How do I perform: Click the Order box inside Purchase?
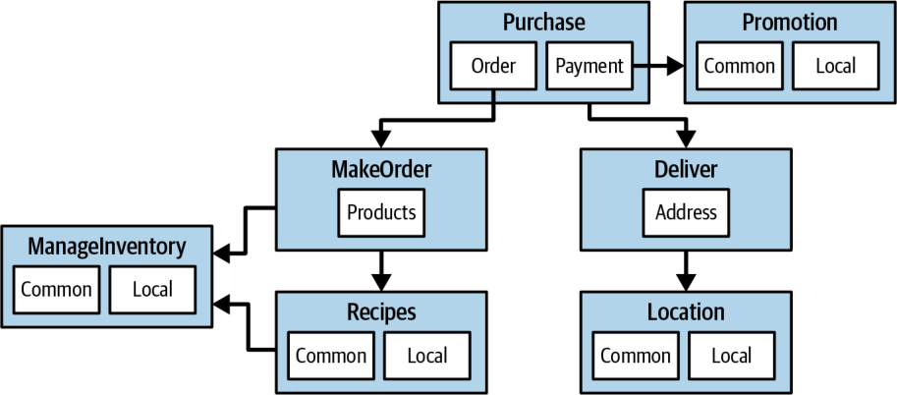(x=493, y=66)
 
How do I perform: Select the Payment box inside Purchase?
(x=589, y=66)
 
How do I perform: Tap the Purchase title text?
(x=544, y=23)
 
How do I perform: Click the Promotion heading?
(x=790, y=23)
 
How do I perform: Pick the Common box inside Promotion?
(x=739, y=66)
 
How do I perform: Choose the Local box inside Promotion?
(x=835, y=66)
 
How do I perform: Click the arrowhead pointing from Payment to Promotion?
(x=676, y=66)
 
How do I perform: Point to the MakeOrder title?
(x=381, y=169)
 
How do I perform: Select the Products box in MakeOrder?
(x=381, y=212)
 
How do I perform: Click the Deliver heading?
(x=686, y=169)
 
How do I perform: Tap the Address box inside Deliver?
(x=686, y=212)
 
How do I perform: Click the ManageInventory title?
(x=107, y=247)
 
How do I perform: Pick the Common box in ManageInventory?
(x=56, y=289)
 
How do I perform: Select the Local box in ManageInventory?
(x=152, y=289)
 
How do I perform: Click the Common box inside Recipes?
(x=331, y=356)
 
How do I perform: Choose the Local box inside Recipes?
(x=426, y=356)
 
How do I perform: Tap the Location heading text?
(x=686, y=312)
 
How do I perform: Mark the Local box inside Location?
(x=732, y=356)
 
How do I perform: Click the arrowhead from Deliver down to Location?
(x=686, y=283)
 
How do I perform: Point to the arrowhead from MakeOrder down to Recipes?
(x=381, y=283)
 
